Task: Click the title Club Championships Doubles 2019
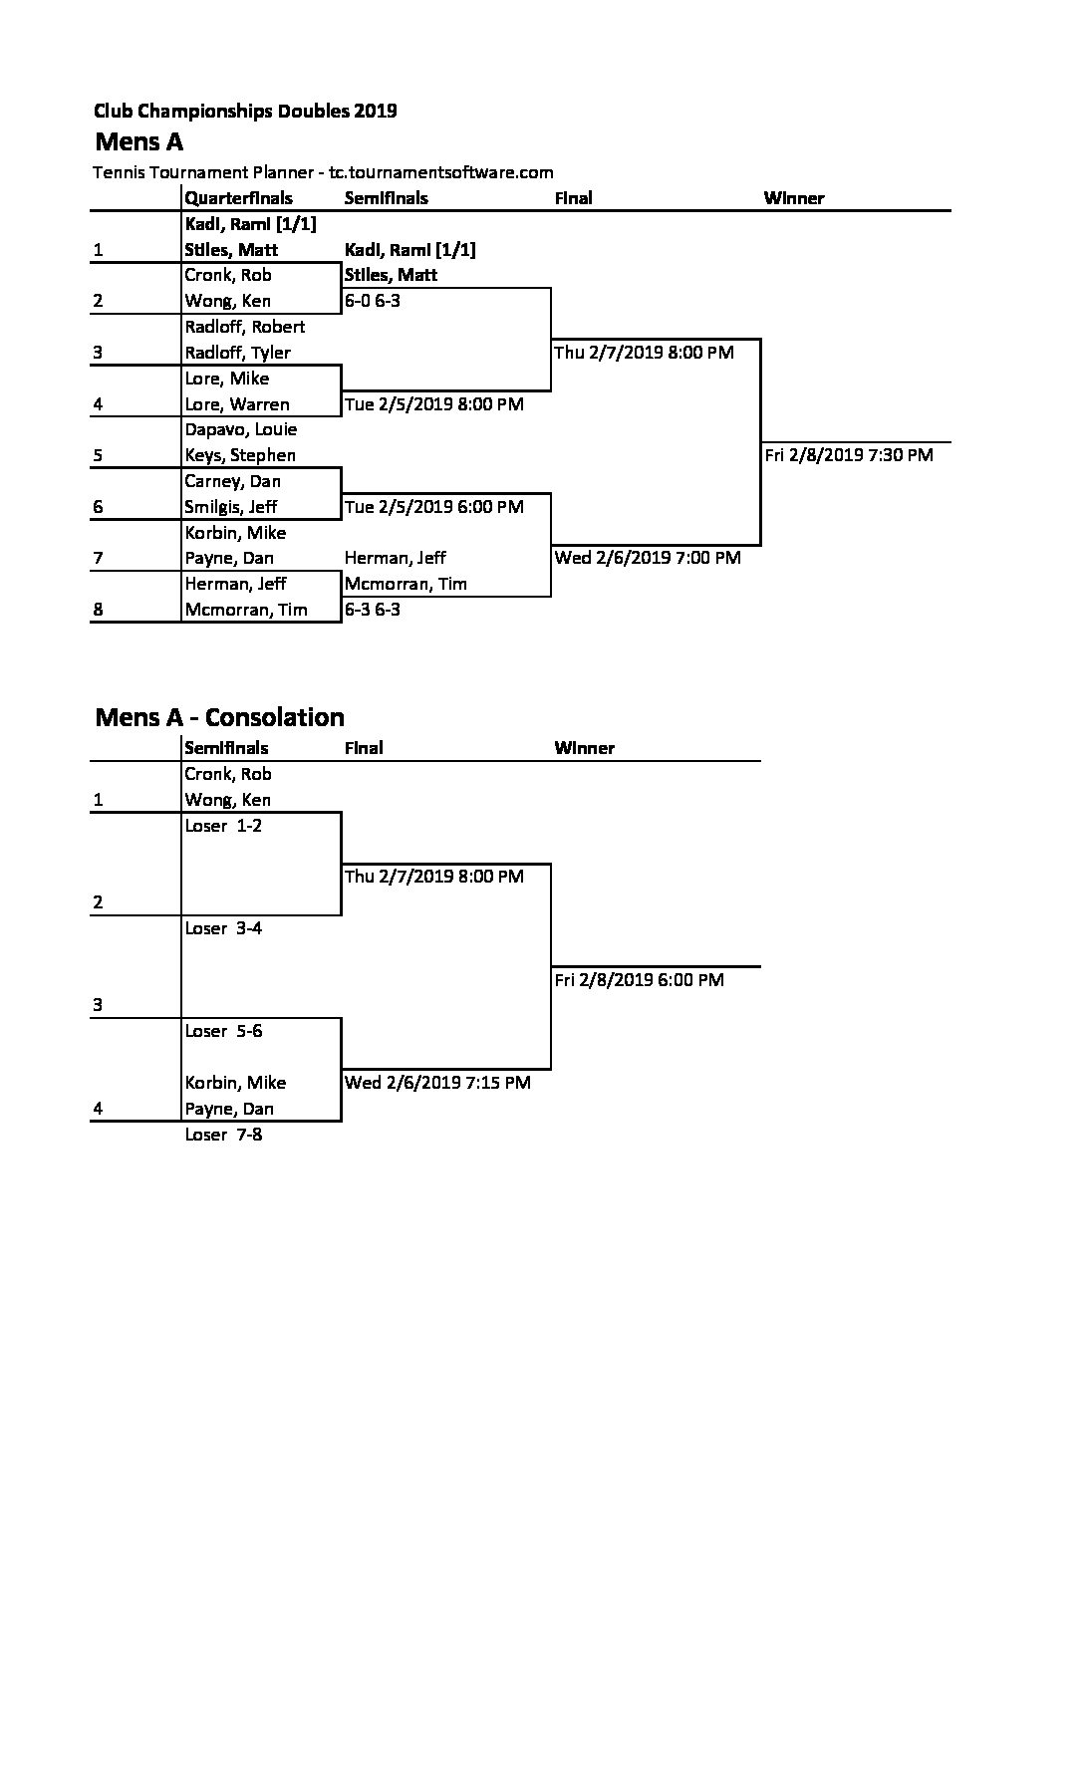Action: click(x=245, y=111)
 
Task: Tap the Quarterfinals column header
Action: click(x=239, y=198)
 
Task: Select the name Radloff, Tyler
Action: click(x=238, y=353)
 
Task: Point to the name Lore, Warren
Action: click(x=237, y=404)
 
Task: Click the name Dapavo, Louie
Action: click(x=241, y=429)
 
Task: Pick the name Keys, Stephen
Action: click(x=240, y=455)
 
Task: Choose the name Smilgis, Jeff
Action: click(x=231, y=507)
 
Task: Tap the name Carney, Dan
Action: click(x=233, y=481)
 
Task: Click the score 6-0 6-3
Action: click(x=373, y=301)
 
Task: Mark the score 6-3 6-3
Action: click(x=373, y=610)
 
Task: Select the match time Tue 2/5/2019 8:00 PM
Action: click(x=434, y=404)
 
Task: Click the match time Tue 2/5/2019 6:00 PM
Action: click(x=434, y=507)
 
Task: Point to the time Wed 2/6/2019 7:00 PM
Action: click(x=648, y=558)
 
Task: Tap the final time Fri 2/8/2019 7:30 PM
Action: click(x=849, y=455)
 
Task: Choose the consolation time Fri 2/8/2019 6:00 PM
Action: click(x=640, y=980)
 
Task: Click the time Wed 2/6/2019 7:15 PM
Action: click(x=437, y=1083)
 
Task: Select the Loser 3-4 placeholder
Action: click(x=224, y=928)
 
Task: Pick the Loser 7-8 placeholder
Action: click(x=224, y=1135)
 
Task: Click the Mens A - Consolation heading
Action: click(x=220, y=717)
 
